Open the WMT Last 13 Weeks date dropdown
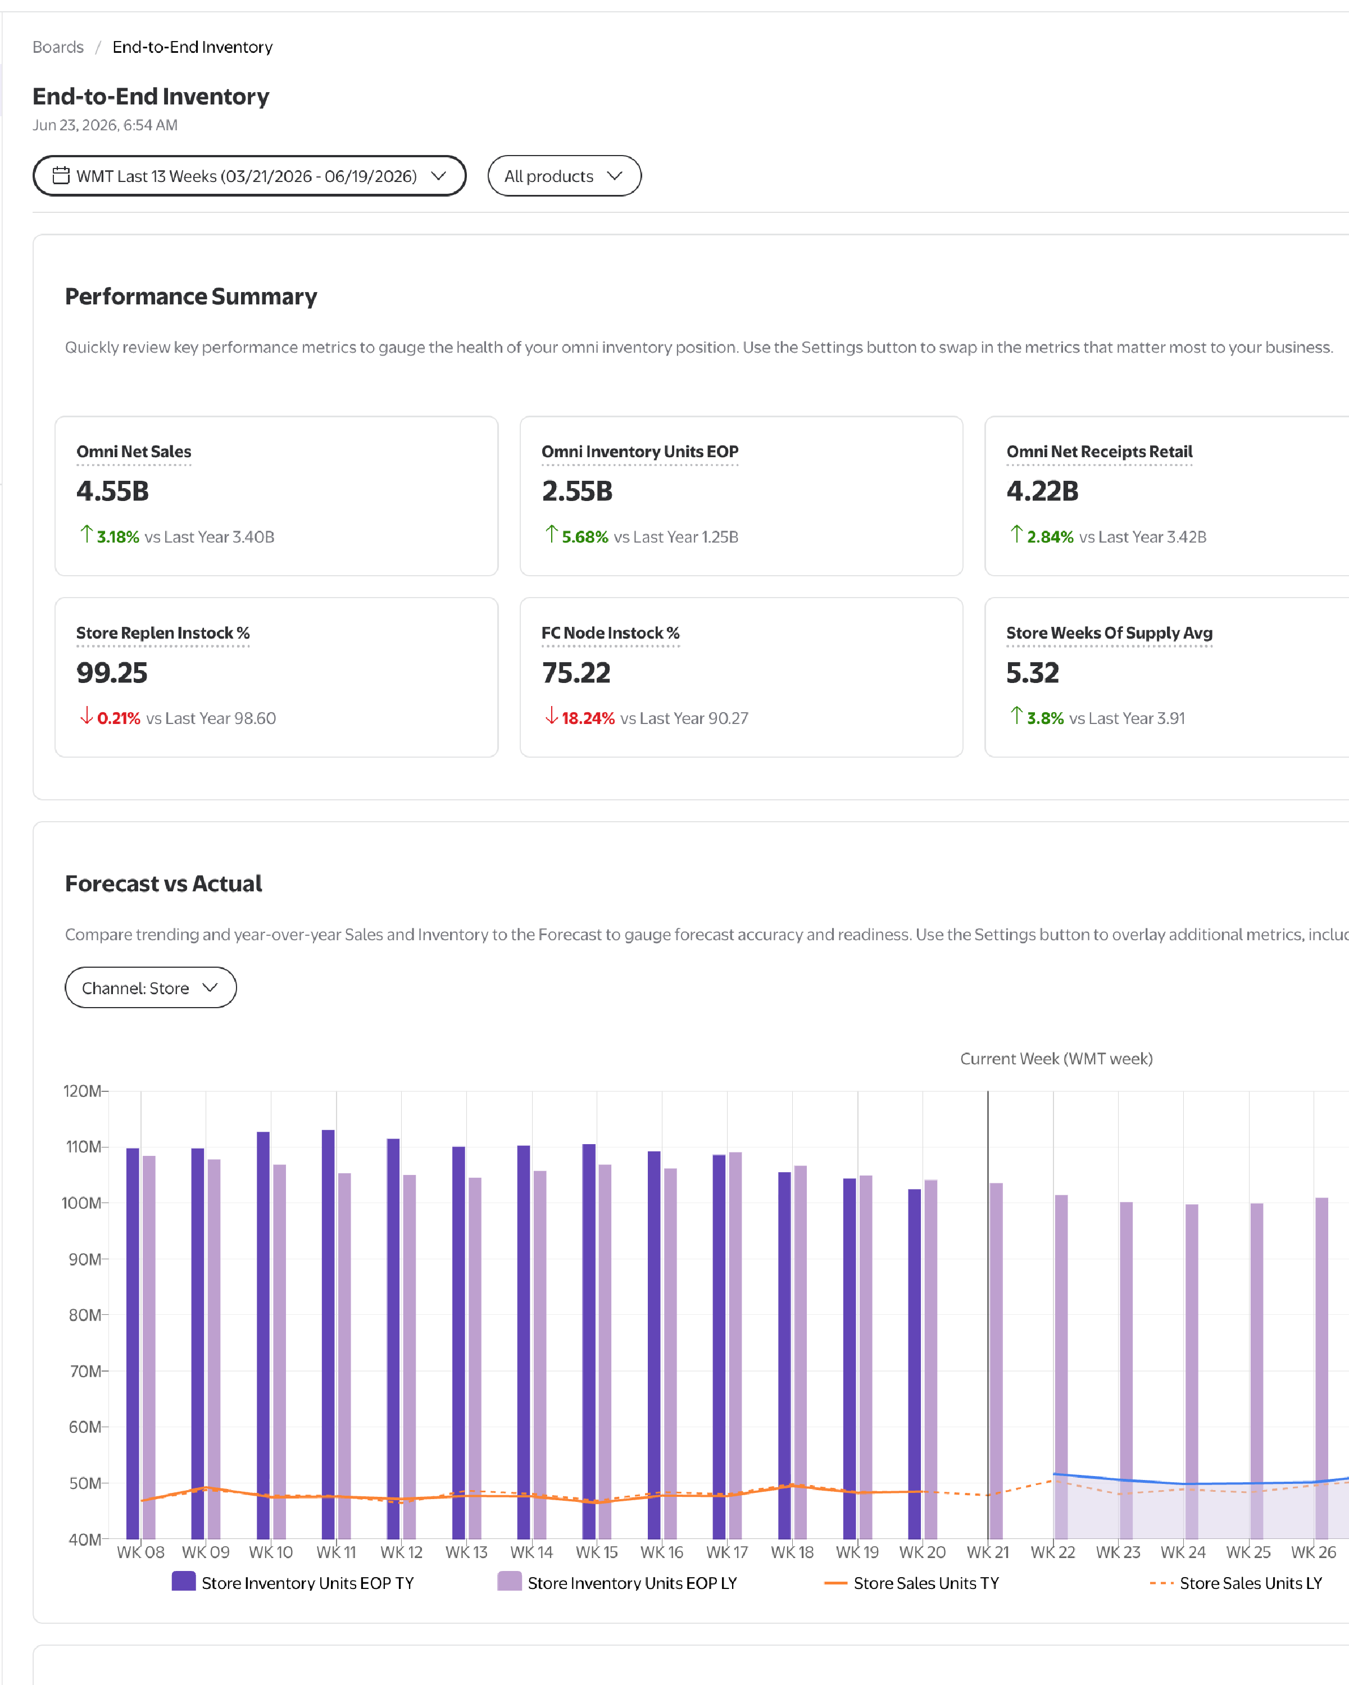249,176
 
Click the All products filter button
564,176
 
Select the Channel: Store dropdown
151,988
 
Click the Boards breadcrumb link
58,47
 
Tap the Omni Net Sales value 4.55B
112,491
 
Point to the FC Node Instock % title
610,633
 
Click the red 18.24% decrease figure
588,718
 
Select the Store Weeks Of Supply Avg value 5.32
1033,673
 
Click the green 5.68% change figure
585,537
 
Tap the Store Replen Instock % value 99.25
112,673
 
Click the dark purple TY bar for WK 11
328,1334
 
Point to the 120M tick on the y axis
82,1091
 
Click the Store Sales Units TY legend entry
911,1583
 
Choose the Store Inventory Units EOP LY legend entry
617,1583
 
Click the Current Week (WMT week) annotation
1056,1059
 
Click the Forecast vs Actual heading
163,883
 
